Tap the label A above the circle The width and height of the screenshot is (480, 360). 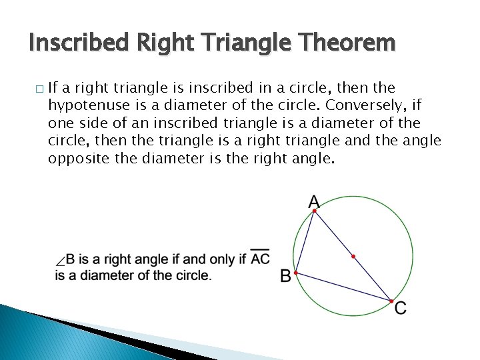coord(313,201)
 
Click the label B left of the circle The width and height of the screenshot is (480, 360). coord(285,275)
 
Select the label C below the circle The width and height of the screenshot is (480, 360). coord(400,308)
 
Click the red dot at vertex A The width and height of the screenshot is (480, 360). coord(315,211)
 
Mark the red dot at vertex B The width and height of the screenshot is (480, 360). coord(295,273)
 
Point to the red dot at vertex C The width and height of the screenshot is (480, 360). coord(391,301)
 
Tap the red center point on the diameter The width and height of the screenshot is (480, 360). coord(353,256)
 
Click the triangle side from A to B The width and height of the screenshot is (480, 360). coord(305,241)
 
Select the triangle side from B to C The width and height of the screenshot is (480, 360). coord(343,287)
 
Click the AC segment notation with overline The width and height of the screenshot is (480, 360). coord(260,258)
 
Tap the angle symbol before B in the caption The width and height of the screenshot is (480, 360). coord(61,261)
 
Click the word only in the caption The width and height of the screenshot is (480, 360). coord(223,259)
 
